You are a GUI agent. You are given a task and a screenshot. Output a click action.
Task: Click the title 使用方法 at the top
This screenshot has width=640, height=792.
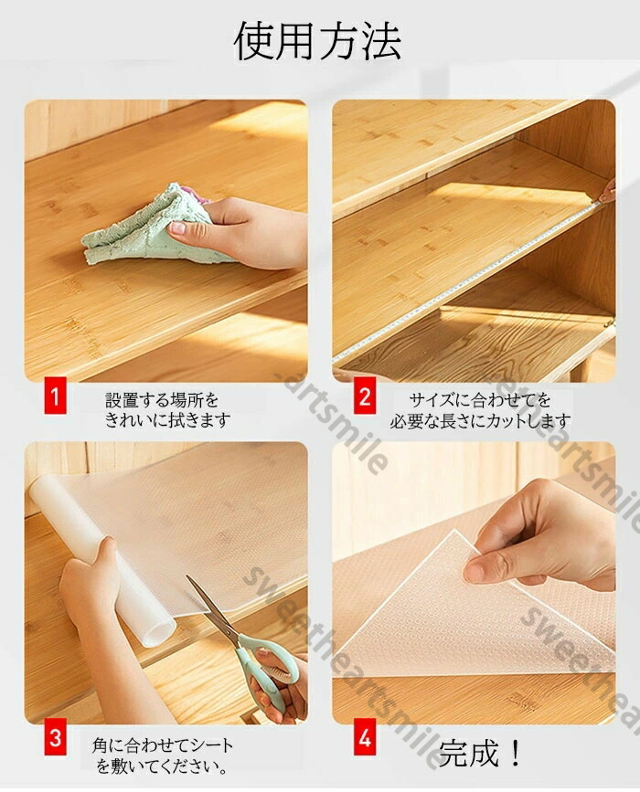tap(318, 41)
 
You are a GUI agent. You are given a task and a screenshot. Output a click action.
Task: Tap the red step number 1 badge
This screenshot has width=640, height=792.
tap(55, 397)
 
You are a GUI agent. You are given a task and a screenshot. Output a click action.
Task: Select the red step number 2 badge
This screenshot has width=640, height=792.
tap(364, 397)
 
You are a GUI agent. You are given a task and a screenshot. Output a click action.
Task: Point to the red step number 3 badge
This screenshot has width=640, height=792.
tap(55, 739)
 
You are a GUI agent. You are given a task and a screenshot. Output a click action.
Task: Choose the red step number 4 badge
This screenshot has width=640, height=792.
tap(364, 739)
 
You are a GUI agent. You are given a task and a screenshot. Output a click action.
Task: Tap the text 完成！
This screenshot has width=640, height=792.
tap(479, 754)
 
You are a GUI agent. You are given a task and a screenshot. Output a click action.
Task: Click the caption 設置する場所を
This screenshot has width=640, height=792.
tap(162, 400)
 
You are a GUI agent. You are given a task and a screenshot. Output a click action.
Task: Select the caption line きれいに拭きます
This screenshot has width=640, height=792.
tap(167, 420)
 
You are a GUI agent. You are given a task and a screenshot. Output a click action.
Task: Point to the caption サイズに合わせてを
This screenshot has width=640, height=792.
tap(480, 400)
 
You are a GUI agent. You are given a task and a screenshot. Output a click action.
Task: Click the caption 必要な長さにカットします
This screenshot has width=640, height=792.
tap(480, 420)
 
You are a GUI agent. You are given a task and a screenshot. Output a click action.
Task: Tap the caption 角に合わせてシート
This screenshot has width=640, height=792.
tap(163, 745)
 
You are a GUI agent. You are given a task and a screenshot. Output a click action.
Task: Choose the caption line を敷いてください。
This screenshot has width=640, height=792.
tap(162, 766)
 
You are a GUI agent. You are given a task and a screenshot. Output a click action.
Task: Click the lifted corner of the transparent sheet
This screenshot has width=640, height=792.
tap(457, 535)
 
